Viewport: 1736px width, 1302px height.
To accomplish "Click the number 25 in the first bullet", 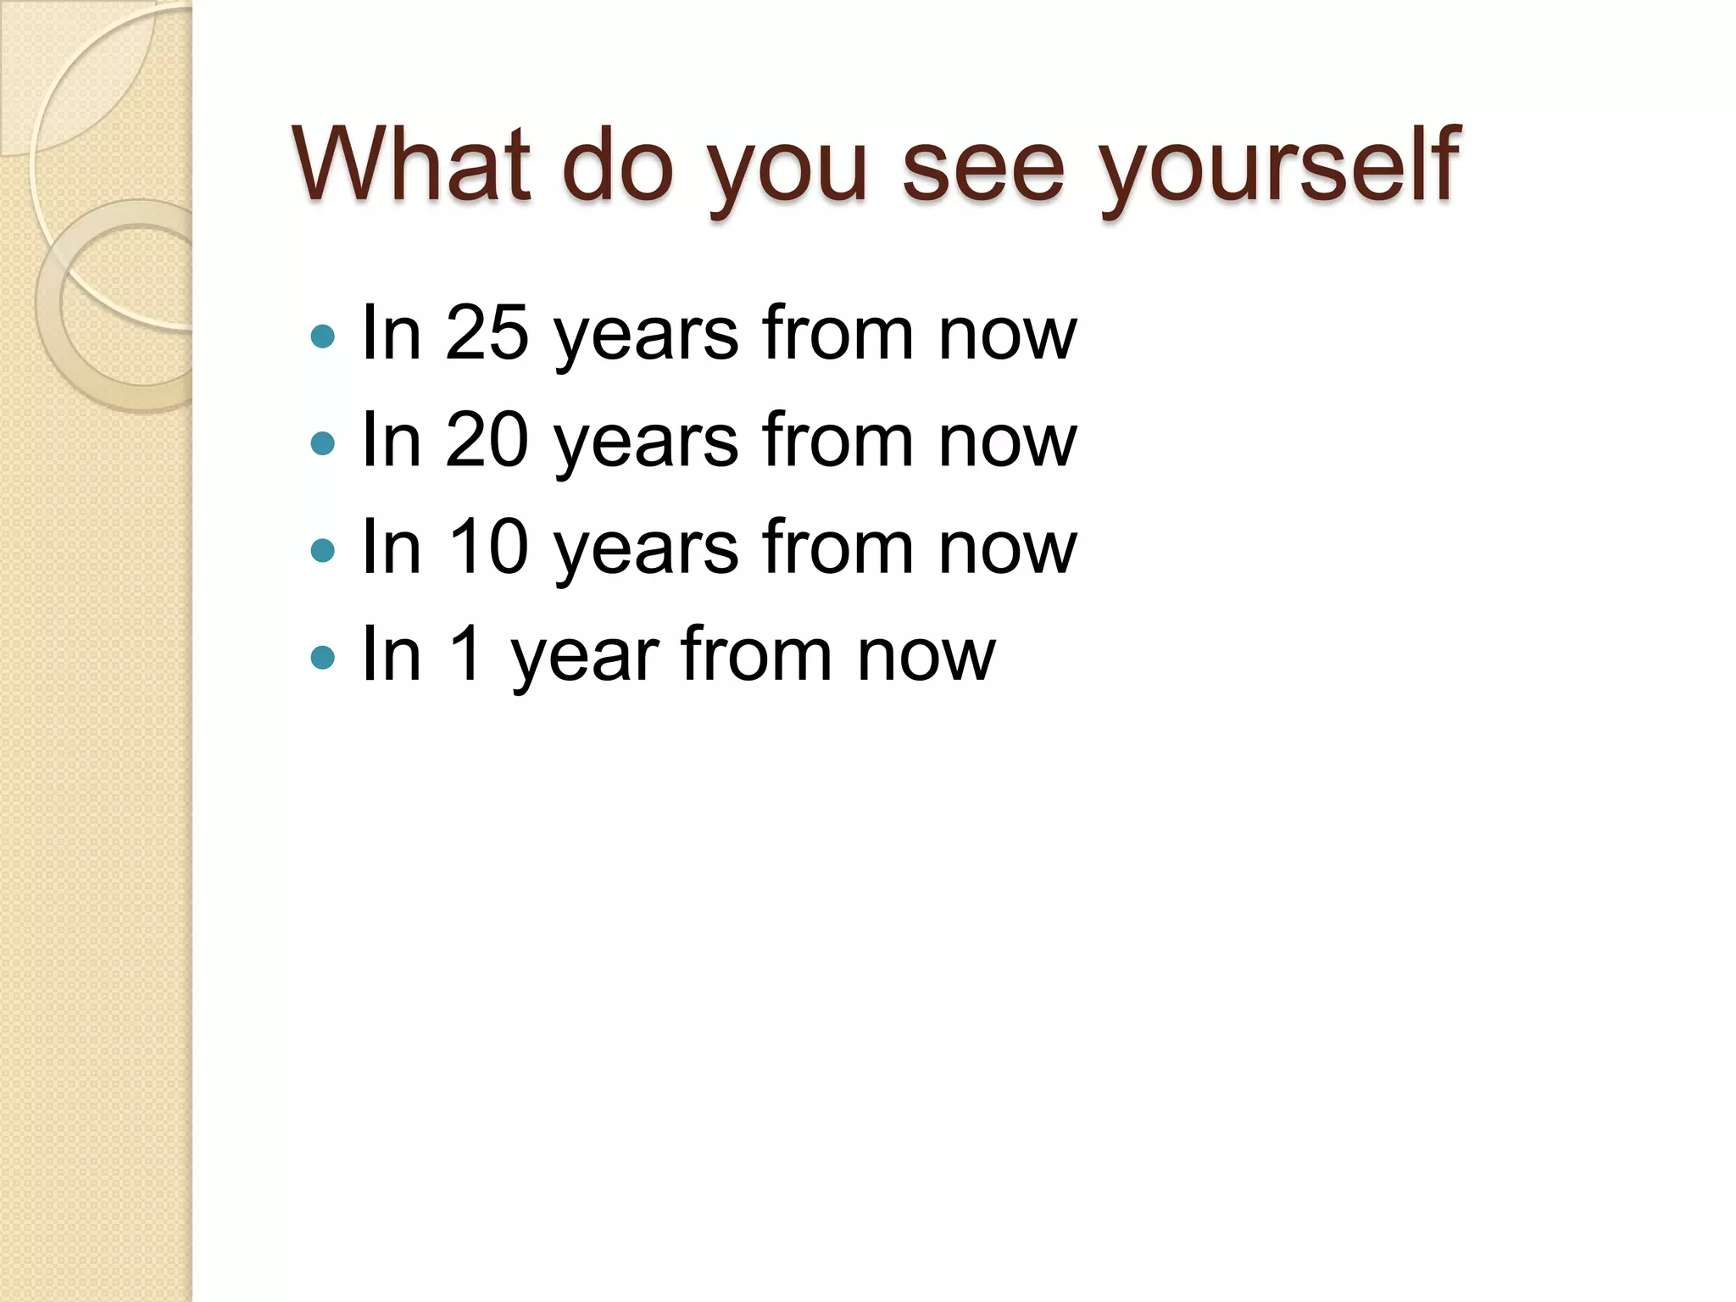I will click(x=487, y=332).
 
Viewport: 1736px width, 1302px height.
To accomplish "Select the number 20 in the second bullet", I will click(x=487, y=439).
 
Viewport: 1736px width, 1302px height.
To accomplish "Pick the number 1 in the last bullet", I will click(x=465, y=654).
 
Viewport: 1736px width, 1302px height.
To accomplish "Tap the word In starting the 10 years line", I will click(x=391, y=547).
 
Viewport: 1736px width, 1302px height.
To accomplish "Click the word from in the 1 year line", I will click(x=754, y=654).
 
